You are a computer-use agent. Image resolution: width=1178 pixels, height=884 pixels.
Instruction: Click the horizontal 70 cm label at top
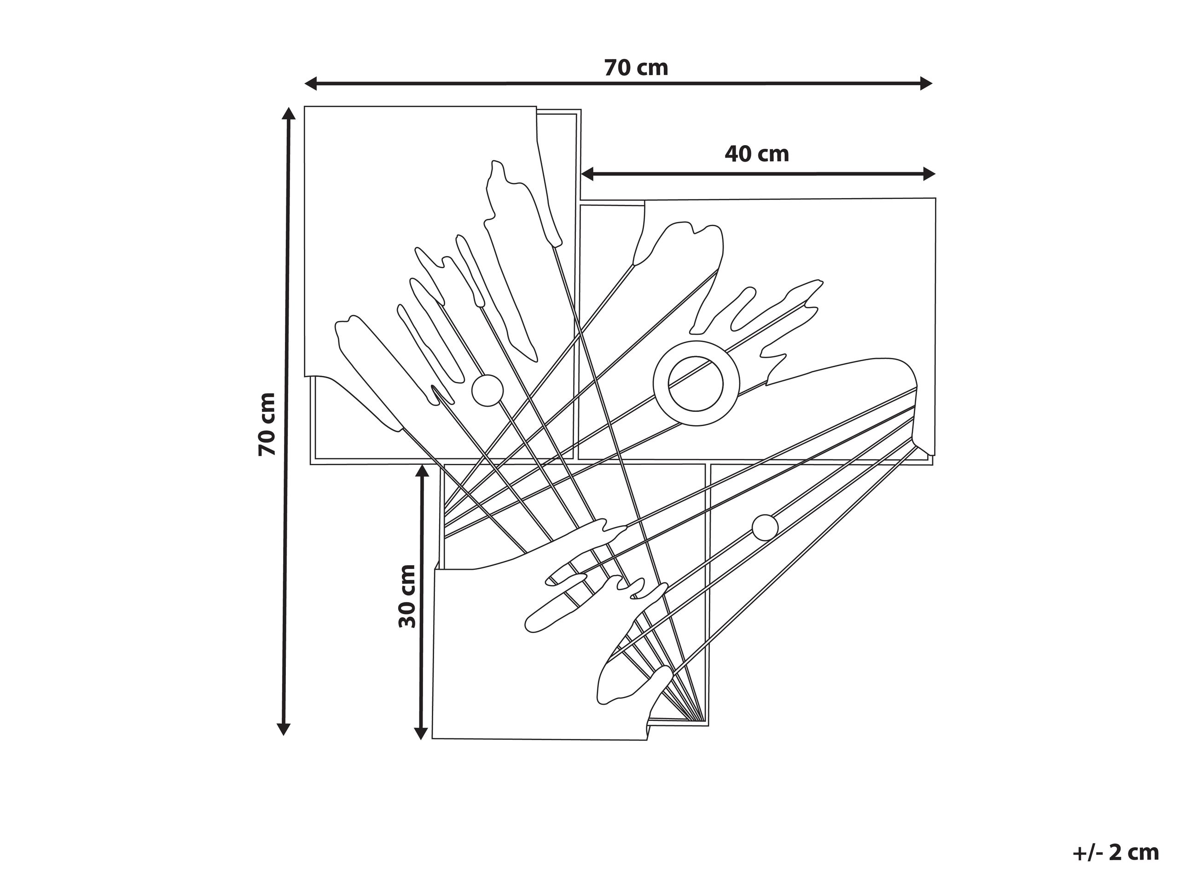coord(636,68)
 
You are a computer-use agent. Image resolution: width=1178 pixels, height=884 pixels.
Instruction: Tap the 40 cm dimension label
coord(757,154)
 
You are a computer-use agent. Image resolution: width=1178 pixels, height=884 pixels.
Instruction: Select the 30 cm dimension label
coord(407,596)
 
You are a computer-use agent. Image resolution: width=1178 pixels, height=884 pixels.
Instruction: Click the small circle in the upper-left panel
coord(487,391)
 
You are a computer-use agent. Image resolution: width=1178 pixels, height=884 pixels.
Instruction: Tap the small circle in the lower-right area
coord(765,528)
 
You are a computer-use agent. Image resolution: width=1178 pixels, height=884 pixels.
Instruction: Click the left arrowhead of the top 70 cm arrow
coord(310,83)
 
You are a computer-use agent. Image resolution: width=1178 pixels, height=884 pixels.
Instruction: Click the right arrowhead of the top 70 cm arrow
coord(926,83)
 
